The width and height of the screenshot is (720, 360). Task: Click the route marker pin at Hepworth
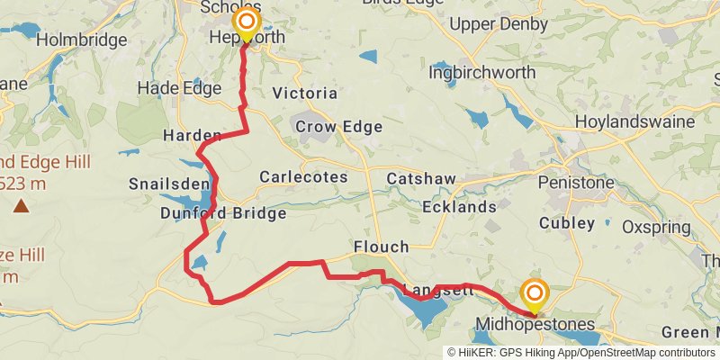(246, 22)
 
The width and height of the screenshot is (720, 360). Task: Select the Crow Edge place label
(338, 127)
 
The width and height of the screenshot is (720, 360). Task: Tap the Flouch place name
(382, 247)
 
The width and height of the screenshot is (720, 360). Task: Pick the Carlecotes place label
(303, 177)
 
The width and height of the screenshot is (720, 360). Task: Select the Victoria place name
(304, 93)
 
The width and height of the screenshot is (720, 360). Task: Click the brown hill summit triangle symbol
(21, 206)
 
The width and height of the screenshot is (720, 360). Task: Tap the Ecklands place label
(459, 207)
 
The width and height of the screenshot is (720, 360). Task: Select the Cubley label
(566, 222)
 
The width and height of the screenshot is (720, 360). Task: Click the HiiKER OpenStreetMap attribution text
(581, 352)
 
